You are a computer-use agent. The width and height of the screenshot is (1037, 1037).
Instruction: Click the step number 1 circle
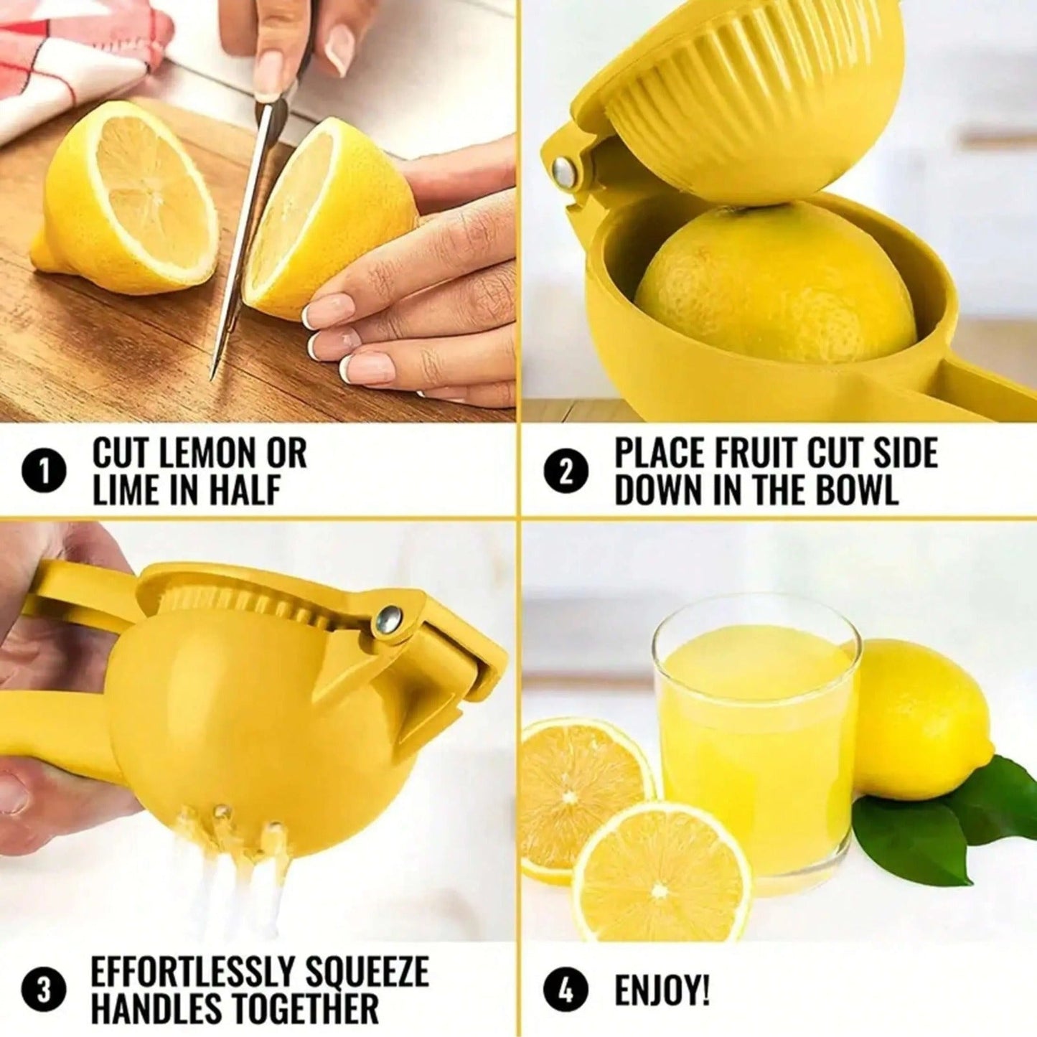[44, 473]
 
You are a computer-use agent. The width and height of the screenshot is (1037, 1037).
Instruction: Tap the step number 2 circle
[566, 473]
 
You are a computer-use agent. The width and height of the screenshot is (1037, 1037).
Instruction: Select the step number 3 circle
[44, 991]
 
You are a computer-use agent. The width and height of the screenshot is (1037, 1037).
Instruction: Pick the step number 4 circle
[566, 991]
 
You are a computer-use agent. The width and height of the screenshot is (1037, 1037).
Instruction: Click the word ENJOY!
[662, 991]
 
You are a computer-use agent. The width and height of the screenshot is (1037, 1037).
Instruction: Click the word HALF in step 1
[243, 491]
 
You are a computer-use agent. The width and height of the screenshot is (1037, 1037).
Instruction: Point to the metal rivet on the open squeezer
[565, 173]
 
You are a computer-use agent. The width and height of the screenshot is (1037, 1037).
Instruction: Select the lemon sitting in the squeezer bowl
[775, 283]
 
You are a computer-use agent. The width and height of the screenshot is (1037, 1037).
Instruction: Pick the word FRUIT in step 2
[754, 454]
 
